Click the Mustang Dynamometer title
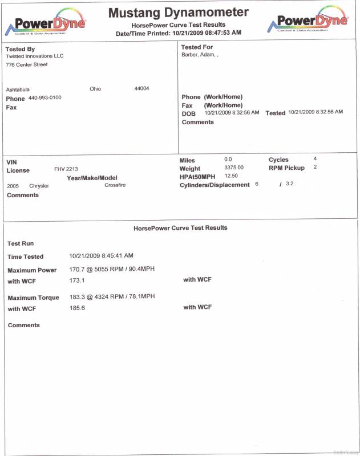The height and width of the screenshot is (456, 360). click(179, 13)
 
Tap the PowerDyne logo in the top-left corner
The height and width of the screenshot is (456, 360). click(46, 23)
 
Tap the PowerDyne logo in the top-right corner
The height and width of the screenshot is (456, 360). click(309, 21)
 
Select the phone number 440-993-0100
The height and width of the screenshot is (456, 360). click(45, 98)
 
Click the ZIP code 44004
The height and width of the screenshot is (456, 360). click(141, 89)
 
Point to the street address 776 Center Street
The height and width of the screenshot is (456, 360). click(27, 65)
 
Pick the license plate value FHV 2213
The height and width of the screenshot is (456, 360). click(66, 169)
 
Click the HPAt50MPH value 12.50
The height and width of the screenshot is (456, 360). click(231, 176)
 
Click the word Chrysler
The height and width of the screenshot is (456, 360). click(39, 186)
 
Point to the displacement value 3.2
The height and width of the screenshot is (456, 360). click(290, 184)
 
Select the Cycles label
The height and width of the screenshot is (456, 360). click(278, 160)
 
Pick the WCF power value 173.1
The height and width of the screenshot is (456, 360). click(77, 280)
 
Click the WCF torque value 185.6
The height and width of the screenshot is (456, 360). click(77, 308)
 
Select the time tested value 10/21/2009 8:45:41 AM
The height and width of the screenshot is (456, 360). click(102, 256)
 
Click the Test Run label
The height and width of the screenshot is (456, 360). click(21, 243)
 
